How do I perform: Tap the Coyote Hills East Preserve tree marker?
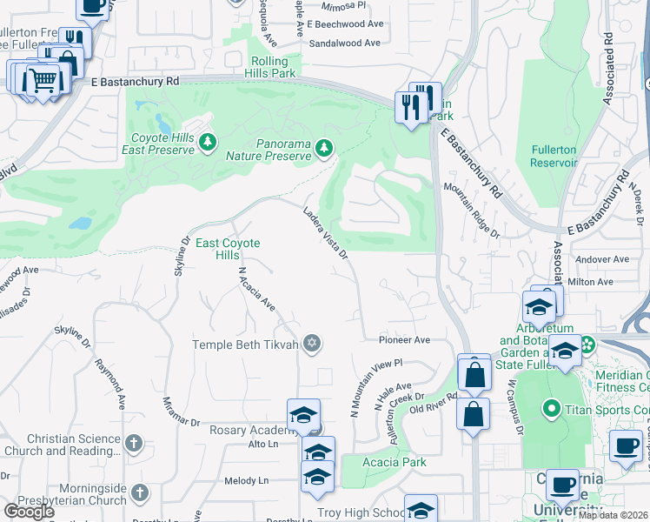[x=207, y=142]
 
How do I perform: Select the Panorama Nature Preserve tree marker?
[x=323, y=149]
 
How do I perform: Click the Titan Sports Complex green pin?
[x=549, y=408]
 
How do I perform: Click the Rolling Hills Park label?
[x=274, y=67]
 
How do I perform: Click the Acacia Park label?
[x=395, y=462]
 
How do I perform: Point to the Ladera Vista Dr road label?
[x=325, y=232]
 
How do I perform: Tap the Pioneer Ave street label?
[x=404, y=340]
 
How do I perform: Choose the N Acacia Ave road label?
[x=256, y=289]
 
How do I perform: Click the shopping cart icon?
[x=42, y=80]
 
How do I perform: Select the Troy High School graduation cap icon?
[x=421, y=511]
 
